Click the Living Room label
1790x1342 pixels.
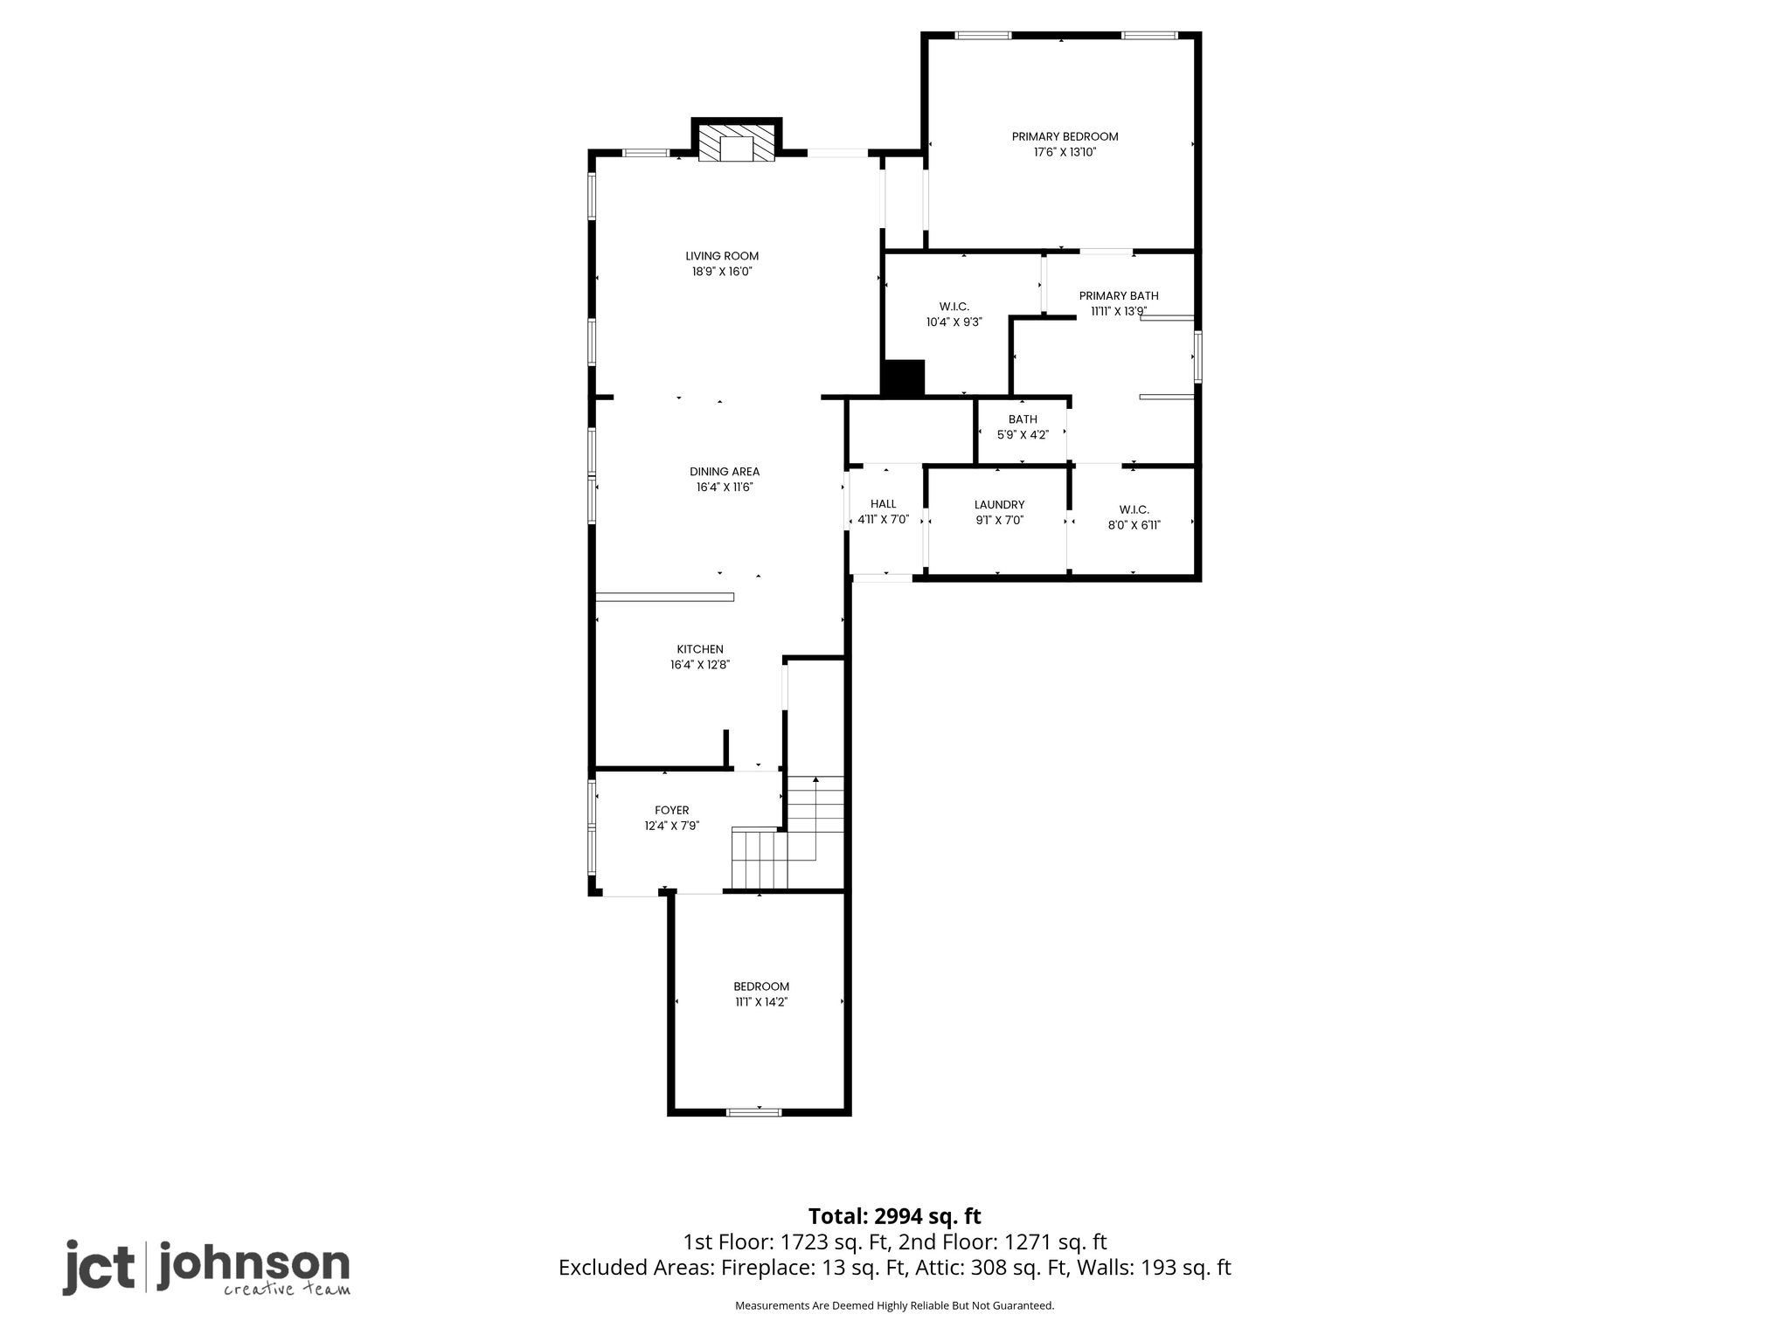[722, 256]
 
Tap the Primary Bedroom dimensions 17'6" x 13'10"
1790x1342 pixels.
[1065, 152]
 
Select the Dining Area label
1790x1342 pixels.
[725, 472]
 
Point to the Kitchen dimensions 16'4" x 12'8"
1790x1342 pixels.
[700, 665]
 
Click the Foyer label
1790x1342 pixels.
[672, 811]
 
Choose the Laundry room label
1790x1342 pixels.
[999, 505]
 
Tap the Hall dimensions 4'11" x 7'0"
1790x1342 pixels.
[884, 519]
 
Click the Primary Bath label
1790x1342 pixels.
[1119, 296]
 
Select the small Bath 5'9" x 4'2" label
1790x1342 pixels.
[1023, 427]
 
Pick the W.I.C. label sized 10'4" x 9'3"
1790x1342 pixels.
[954, 314]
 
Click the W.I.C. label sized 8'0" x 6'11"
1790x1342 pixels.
[1134, 517]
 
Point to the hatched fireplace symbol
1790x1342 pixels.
[737, 143]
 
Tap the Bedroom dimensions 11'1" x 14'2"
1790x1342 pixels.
[761, 1002]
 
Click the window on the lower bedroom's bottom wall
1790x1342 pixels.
[753, 1112]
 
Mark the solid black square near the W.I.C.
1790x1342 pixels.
[902, 379]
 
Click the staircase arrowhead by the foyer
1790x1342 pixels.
[815, 779]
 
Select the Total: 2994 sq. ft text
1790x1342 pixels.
[894, 1216]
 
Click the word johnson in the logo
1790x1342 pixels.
[253, 1263]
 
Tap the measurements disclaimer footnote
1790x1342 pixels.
[894, 1306]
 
